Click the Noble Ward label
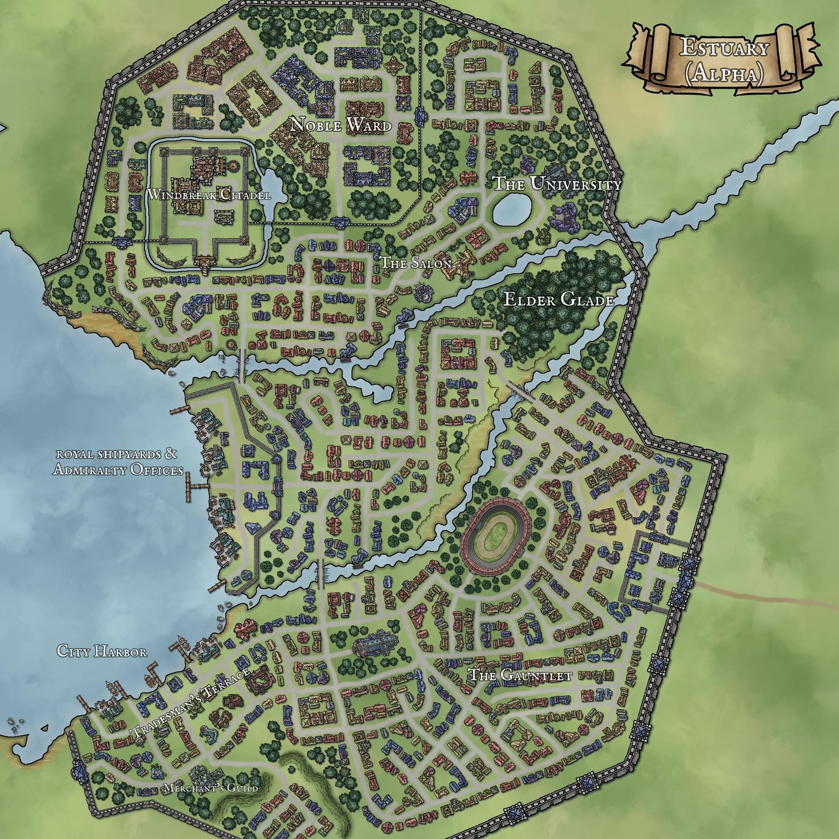pos(340,125)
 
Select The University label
pos(557,184)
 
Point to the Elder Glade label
pos(559,300)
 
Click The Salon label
pos(416,263)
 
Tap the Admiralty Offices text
pos(118,470)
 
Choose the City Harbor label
pos(102,651)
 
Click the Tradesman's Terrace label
pos(190,702)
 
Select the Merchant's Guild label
pos(211,788)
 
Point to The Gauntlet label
pos(520,675)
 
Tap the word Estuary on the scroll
pos(724,48)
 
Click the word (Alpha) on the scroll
pos(724,73)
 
